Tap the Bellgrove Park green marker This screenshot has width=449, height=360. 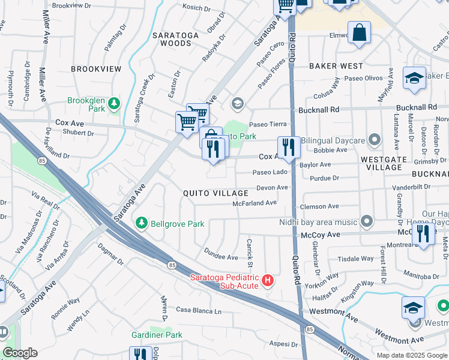point(142,223)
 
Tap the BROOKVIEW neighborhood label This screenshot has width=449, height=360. point(96,69)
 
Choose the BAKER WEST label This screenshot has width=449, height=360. point(336,65)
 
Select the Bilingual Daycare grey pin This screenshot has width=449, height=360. point(375,140)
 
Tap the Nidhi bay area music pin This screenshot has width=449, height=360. point(366,222)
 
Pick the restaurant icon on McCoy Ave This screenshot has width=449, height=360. point(424,233)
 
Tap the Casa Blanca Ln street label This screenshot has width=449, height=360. point(199,311)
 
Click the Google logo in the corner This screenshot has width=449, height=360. point(20,353)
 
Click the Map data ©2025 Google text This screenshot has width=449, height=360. point(412,355)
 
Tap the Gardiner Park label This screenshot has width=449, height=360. point(157,334)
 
